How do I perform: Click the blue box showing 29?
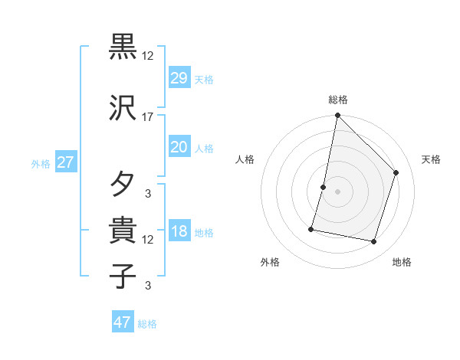[x=179, y=79]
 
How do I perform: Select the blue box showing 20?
[x=179, y=148]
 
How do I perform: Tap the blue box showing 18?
[x=179, y=232]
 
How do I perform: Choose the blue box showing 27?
[x=65, y=163]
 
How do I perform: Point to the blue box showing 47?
[x=123, y=322]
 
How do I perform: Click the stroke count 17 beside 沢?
[x=148, y=117]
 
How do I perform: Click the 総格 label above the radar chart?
[x=338, y=100]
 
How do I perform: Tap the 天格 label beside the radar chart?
[x=431, y=159]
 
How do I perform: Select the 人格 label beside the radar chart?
[x=245, y=159]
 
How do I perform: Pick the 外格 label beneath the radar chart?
[x=269, y=262]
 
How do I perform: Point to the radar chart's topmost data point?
[x=337, y=116]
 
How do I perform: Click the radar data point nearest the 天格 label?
[x=396, y=172]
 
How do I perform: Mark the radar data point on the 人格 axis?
[x=324, y=187]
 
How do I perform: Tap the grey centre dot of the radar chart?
[x=337, y=191]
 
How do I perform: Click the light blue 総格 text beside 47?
[x=147, y=324]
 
